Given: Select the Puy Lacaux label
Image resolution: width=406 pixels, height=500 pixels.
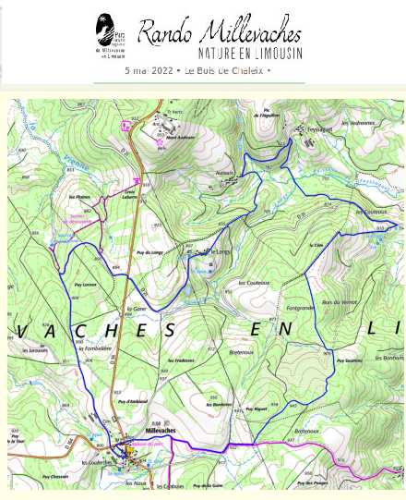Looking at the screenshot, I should coord(84,285).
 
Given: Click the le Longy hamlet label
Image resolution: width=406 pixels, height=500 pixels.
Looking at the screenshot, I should coord(219,251).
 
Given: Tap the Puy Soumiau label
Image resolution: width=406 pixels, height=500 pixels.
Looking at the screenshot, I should coord(352,360).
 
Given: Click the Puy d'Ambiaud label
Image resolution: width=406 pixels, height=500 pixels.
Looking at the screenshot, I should coord(135,402).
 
